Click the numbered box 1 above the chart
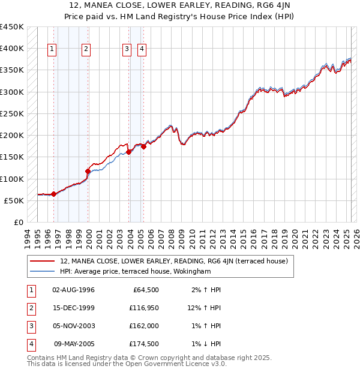(52, 50)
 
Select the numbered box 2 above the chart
(86, 50)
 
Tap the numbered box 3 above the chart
(127, 50)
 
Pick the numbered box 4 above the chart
(142, 50)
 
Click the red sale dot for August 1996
(53, 194)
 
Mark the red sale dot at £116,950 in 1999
(88, 171)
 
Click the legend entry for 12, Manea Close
(174, 261)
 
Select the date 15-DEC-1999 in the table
(74, 308)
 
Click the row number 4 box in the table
(31, 344)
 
